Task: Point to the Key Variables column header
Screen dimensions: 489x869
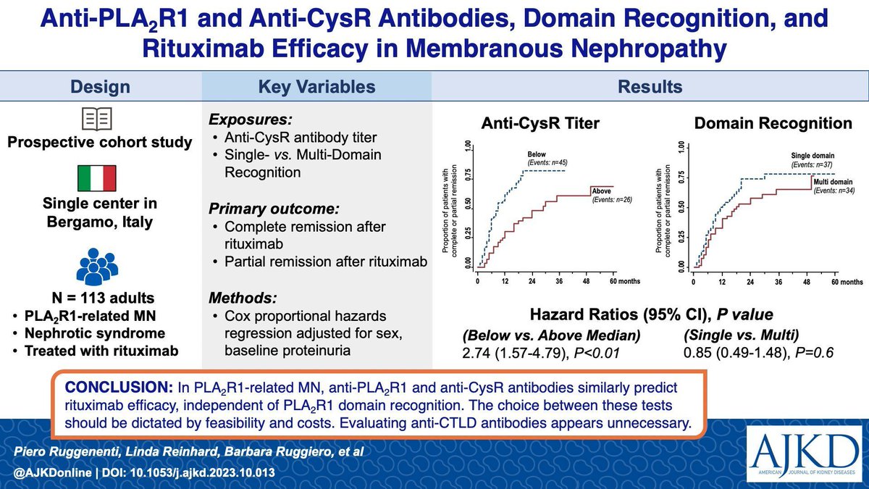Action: point(317,88)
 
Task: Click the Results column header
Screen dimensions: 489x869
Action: point(650,88)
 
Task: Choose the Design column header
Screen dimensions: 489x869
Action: point(101,88)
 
